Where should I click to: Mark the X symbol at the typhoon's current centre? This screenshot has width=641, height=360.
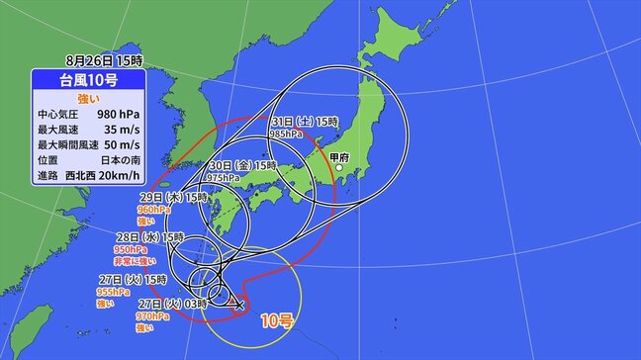[x=238, y=305]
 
